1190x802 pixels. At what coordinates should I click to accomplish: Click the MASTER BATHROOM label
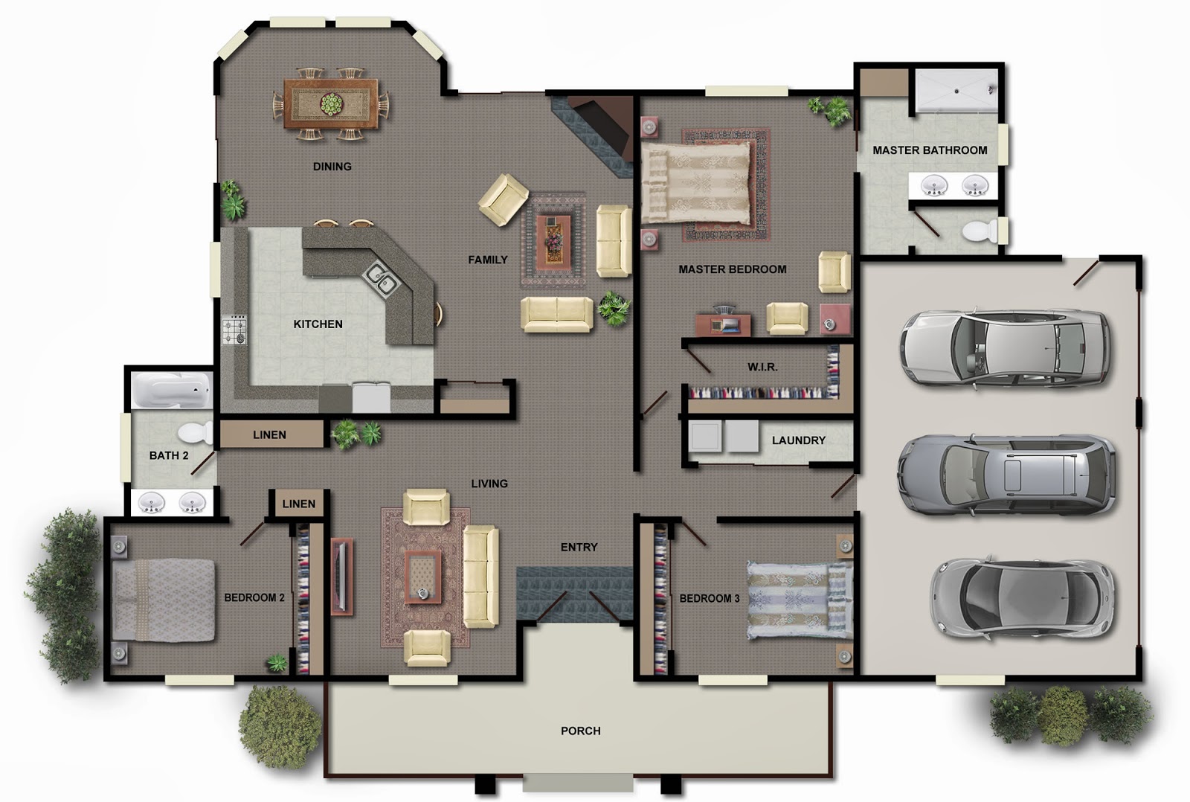coord(930,150)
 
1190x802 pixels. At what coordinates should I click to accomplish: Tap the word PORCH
coord(581,731)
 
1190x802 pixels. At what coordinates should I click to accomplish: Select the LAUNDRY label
coord(799,440)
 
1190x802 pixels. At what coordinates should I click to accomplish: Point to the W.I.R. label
coord(762,367)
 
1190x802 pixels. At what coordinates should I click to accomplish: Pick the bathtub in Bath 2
coord(172,390)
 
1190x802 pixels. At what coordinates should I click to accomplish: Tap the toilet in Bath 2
coord(195,433)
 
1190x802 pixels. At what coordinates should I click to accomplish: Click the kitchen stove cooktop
coord(234,330)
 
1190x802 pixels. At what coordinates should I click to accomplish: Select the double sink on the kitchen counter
coord(380,278)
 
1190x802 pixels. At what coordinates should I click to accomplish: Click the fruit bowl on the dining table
coord(332,104)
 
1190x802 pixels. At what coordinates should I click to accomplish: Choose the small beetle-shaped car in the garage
coord(1022,597)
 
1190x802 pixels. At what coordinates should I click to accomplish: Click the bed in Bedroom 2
coord(163,600)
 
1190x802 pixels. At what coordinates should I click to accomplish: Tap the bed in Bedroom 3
coord(800,600)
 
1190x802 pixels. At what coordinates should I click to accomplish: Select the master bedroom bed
coord(696,183)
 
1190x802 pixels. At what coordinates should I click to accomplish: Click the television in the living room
coord(342,577)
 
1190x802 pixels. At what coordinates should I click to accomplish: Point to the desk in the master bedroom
coord(723,324)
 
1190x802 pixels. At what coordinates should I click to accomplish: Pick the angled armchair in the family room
coord(503,199)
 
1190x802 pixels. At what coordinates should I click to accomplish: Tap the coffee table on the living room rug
coord(423,577)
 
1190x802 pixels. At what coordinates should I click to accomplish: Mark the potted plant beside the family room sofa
coord(614,308)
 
